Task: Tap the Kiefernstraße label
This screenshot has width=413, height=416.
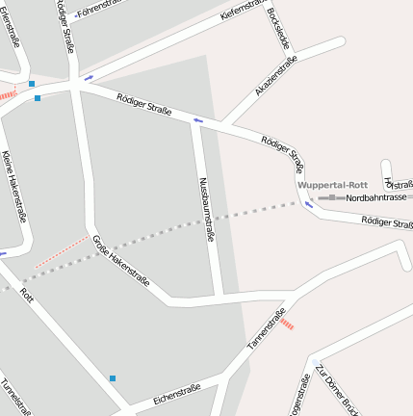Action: coord(242,10)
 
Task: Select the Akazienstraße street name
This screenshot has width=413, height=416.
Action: coord(275,75)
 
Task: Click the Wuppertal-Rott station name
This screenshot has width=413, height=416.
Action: coord(333,185)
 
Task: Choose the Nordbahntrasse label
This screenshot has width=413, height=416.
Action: coord(376,197)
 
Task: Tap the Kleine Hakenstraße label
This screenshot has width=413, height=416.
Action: coord(13,187)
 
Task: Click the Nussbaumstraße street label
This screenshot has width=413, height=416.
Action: coord(205,209)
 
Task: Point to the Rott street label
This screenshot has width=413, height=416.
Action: coord(27,296)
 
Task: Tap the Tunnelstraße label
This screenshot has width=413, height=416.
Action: coord(15,396)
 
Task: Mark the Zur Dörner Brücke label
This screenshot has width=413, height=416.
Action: coord(337,390)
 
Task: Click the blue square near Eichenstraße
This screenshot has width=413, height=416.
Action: coord(112,378)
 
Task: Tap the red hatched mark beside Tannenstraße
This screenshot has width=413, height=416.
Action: coord(287,325)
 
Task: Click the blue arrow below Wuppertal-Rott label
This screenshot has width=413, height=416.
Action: coord(309,204)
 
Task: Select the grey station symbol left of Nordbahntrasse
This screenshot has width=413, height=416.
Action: coord(331,197)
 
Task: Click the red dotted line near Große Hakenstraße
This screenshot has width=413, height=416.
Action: coord(62,250)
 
